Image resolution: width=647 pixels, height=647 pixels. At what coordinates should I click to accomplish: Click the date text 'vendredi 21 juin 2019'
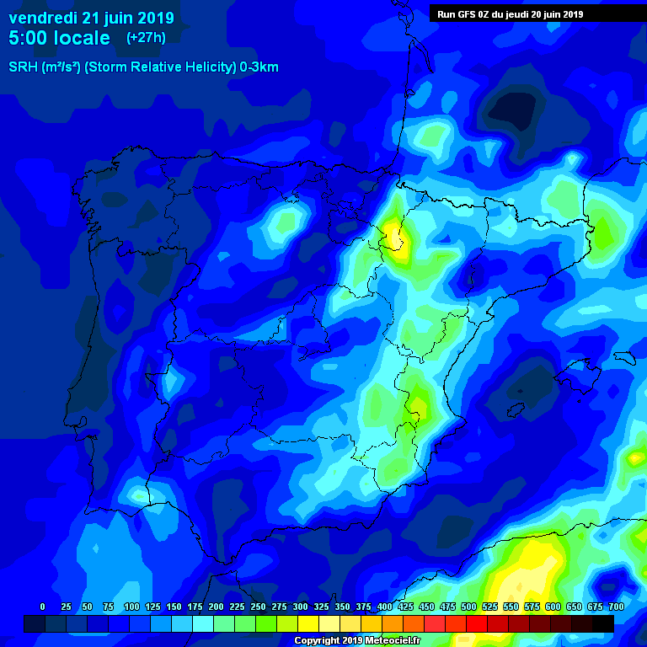click(91, 17)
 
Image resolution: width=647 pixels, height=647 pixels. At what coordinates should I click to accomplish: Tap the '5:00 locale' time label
click(59, 38)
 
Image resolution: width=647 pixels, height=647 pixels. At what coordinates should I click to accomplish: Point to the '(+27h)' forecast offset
click(146, 38)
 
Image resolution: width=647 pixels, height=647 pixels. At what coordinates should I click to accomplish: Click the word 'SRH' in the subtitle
click(23, 67)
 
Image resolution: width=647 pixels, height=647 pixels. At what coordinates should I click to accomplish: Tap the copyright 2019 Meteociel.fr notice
click(357, 641)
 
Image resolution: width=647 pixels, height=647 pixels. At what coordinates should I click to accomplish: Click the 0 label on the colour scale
click(43, 607)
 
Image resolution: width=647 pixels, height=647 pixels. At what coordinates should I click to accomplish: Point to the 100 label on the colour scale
click(131, 607)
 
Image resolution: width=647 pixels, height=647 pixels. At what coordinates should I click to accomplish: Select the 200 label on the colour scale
click(216, 607)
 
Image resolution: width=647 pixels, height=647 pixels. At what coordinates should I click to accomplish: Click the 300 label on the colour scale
click(300, 607)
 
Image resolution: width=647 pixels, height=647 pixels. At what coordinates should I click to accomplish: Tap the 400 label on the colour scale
click(384, 607)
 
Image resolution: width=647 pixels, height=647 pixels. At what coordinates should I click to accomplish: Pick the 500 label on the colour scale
click(468, 607)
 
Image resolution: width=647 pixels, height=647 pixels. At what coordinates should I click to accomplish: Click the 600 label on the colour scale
click(553, 607)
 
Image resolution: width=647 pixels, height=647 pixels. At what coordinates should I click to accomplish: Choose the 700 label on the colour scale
click(616, 607)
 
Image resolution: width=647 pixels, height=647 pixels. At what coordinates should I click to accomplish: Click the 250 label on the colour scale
click(258, 607)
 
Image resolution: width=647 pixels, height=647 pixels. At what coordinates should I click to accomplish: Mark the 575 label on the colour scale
click(532, 607)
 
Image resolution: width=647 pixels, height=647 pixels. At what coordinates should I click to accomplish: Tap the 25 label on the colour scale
click(67, 607)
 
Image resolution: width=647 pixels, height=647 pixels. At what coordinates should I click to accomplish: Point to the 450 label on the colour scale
click(426, 607)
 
